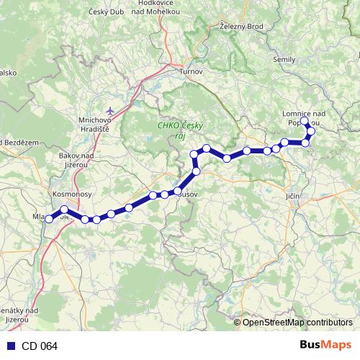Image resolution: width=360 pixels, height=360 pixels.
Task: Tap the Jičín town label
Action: (292, 196)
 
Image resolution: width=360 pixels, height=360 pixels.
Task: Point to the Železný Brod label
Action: (242, 26)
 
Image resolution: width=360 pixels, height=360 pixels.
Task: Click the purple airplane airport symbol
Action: (109, 110)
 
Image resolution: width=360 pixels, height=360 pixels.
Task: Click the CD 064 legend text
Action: (39, 346)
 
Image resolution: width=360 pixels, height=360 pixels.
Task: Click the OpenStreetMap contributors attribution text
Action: (297, 323)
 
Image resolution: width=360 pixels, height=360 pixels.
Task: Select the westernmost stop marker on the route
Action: (49, 220)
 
